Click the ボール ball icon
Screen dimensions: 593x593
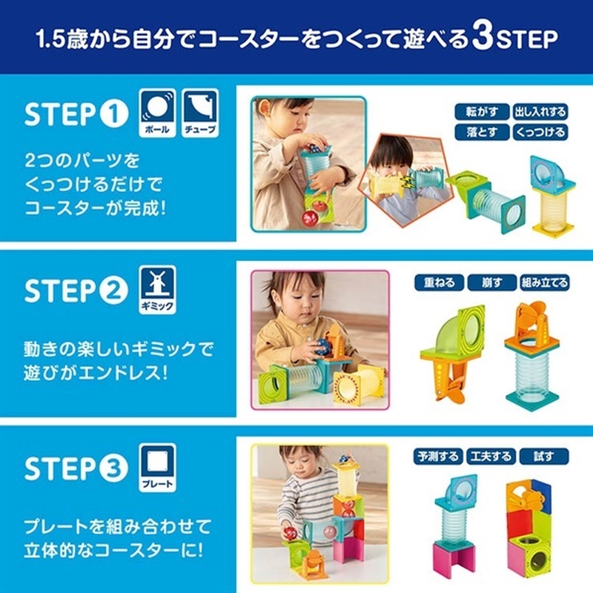[x=157, y=113]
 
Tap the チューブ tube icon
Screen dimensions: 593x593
[x=200, y=113]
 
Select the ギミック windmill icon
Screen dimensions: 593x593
[x=157, y=289]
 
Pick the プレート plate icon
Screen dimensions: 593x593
[x=157, y=467]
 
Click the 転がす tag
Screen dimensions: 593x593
[x=482, y=112]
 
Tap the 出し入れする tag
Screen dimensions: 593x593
[x=540, y=112]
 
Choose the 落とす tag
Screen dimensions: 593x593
[x=482, y=133]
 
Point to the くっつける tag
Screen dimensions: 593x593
[x=540, y=133]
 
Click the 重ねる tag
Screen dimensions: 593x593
[x=439, y=282]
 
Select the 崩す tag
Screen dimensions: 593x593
[x=491, y=282]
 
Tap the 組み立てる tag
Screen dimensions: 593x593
[x=545, y=282]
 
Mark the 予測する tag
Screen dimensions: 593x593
[x=438, y=457]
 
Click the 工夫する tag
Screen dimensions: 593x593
[x=491, y=457]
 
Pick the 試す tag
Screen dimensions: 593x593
[x=544, y=457]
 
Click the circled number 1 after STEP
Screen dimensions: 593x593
[x=114, y=114]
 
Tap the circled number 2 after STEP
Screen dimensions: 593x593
[x=114, y=291]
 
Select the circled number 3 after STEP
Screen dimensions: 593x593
[x=114, y=468]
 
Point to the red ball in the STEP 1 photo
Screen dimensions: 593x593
[x=310, y=218]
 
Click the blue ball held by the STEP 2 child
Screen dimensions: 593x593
[x=323, y=346]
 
